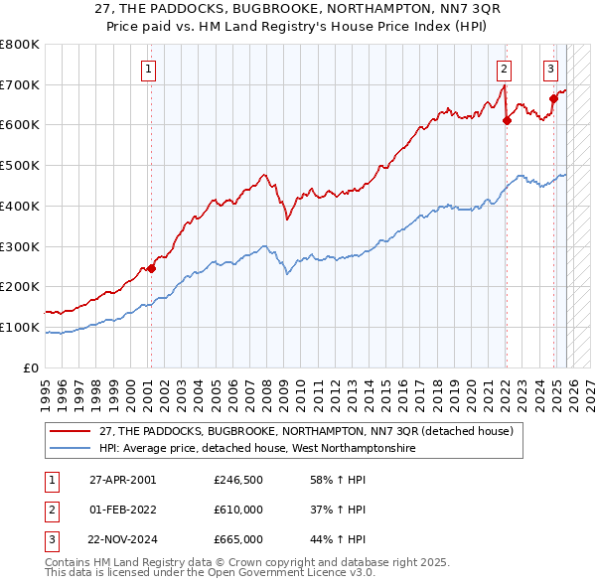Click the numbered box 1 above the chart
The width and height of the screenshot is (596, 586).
tap(148, 69)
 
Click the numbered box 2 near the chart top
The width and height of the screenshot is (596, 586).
tap(505, 69)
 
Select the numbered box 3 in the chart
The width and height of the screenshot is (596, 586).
tap(550, 69)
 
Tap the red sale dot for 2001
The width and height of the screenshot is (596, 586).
tap(152, 267)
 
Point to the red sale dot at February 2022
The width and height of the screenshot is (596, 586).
tap(507, 120)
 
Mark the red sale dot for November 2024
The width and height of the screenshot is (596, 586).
tap(553, 98)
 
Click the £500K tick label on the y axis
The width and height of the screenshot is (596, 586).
tap(20, 165)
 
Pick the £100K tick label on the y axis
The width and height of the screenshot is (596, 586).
tap(20, 327)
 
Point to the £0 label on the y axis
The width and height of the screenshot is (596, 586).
tap(30, 367)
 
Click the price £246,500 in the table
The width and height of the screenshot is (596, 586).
tap(238, 479)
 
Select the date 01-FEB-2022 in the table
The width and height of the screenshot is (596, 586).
tap(123, 510)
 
